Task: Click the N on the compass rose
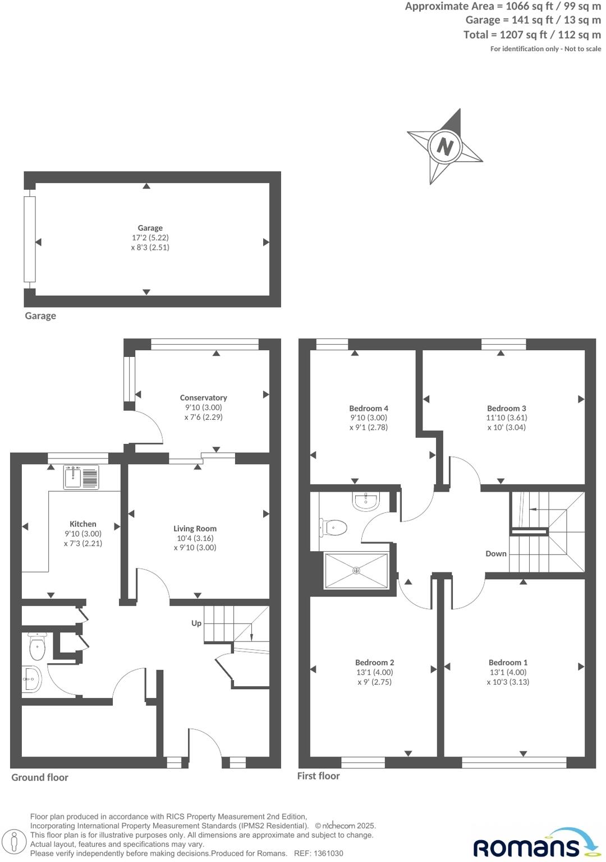pos(444,147)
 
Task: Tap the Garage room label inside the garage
pos(150,228)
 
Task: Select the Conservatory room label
pos(203,397)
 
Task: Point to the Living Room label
pos(195,528)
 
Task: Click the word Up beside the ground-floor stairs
pos(196,623)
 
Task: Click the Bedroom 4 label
pos(369,408)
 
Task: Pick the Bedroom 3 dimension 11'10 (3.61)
pos(507,418)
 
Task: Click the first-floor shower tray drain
pos(356,571)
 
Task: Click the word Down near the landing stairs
pos(496,553)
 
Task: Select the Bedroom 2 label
pos(374,662)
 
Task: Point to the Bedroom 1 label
pos(508,662)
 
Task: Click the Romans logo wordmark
pos(526,846)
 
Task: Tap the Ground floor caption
pos(40,777)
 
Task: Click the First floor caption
pos(318,776)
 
